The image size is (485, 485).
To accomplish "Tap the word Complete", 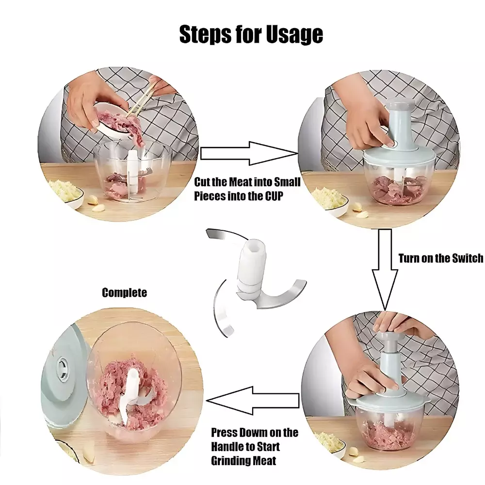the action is (x=124, y=292).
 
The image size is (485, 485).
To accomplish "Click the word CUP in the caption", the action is (x=274, y=196).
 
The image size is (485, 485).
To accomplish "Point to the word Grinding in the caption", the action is (x=229, y=461).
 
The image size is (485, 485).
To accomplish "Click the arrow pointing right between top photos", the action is (x=249, y=153).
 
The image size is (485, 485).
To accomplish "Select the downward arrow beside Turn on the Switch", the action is (x=385, y=269).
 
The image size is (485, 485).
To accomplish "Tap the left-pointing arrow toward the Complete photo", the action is (x=252, y=401).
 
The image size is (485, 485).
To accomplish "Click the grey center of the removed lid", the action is (x=63, y=368).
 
